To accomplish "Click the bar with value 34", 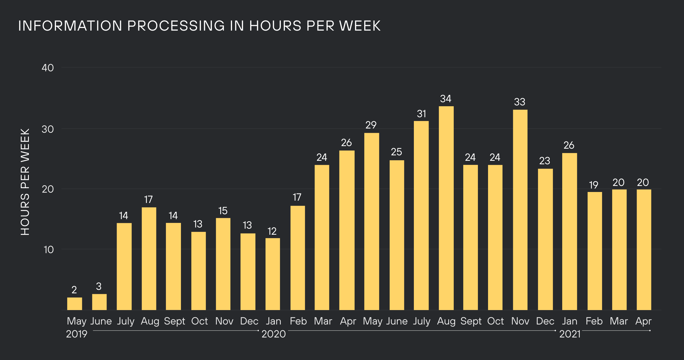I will [446, 208].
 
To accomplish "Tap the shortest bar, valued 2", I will [74, 304].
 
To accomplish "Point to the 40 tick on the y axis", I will [48, 68].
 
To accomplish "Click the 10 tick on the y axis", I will [48, 250].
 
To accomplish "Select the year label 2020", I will [273, 334].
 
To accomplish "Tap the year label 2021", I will [570, 334].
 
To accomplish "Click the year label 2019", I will [76, 334].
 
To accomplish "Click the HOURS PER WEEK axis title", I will [25, 182].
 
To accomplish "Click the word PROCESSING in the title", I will [176, 26].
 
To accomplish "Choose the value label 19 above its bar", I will [593, 185].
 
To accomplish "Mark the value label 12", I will [272, 231].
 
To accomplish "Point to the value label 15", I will [223, 211].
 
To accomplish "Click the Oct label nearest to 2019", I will [199, 321].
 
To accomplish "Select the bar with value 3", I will [99, 302].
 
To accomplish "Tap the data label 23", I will [545, 161].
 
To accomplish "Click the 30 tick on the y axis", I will [48, 129].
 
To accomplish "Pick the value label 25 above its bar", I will [396, 152].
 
